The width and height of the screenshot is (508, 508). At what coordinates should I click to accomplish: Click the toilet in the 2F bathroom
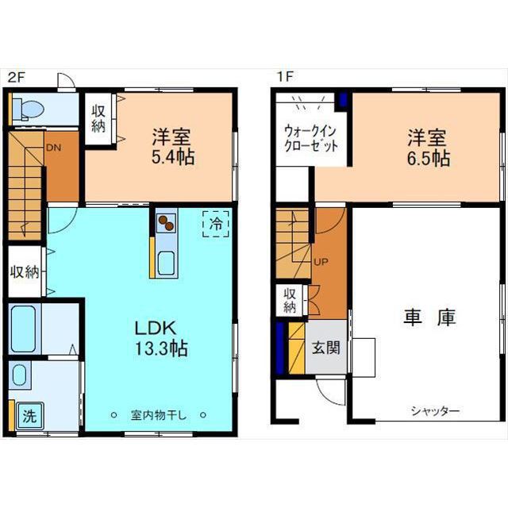28,109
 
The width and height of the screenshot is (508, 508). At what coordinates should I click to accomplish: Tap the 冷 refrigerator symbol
216,224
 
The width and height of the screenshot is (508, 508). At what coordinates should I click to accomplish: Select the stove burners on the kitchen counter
166,223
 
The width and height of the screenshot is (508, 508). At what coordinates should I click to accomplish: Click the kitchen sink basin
166,263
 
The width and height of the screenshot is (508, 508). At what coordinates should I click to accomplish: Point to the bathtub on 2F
23,329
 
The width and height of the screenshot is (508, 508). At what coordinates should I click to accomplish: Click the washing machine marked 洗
30,416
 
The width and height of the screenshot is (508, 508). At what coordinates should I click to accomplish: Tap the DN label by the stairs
53,148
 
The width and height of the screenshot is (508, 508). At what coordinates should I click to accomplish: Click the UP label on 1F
321,262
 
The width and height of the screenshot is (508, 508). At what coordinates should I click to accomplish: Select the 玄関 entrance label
326,348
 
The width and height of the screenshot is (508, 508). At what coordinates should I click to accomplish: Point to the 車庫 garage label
430,317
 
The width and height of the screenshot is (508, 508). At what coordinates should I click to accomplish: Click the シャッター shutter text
435,411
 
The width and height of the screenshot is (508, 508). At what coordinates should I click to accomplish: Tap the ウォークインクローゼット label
310,139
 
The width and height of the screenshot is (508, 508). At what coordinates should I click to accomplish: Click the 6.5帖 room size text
429,158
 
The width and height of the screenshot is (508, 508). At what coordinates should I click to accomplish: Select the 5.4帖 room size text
173,157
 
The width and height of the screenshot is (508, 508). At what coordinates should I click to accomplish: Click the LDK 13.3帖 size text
161,339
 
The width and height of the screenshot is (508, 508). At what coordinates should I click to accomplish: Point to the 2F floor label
17,77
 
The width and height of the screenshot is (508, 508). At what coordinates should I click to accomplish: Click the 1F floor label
285,76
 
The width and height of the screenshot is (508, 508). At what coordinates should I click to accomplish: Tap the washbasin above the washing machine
19,375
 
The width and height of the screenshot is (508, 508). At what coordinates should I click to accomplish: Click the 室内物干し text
159,415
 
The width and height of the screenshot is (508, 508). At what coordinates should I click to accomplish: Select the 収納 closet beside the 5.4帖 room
98,119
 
